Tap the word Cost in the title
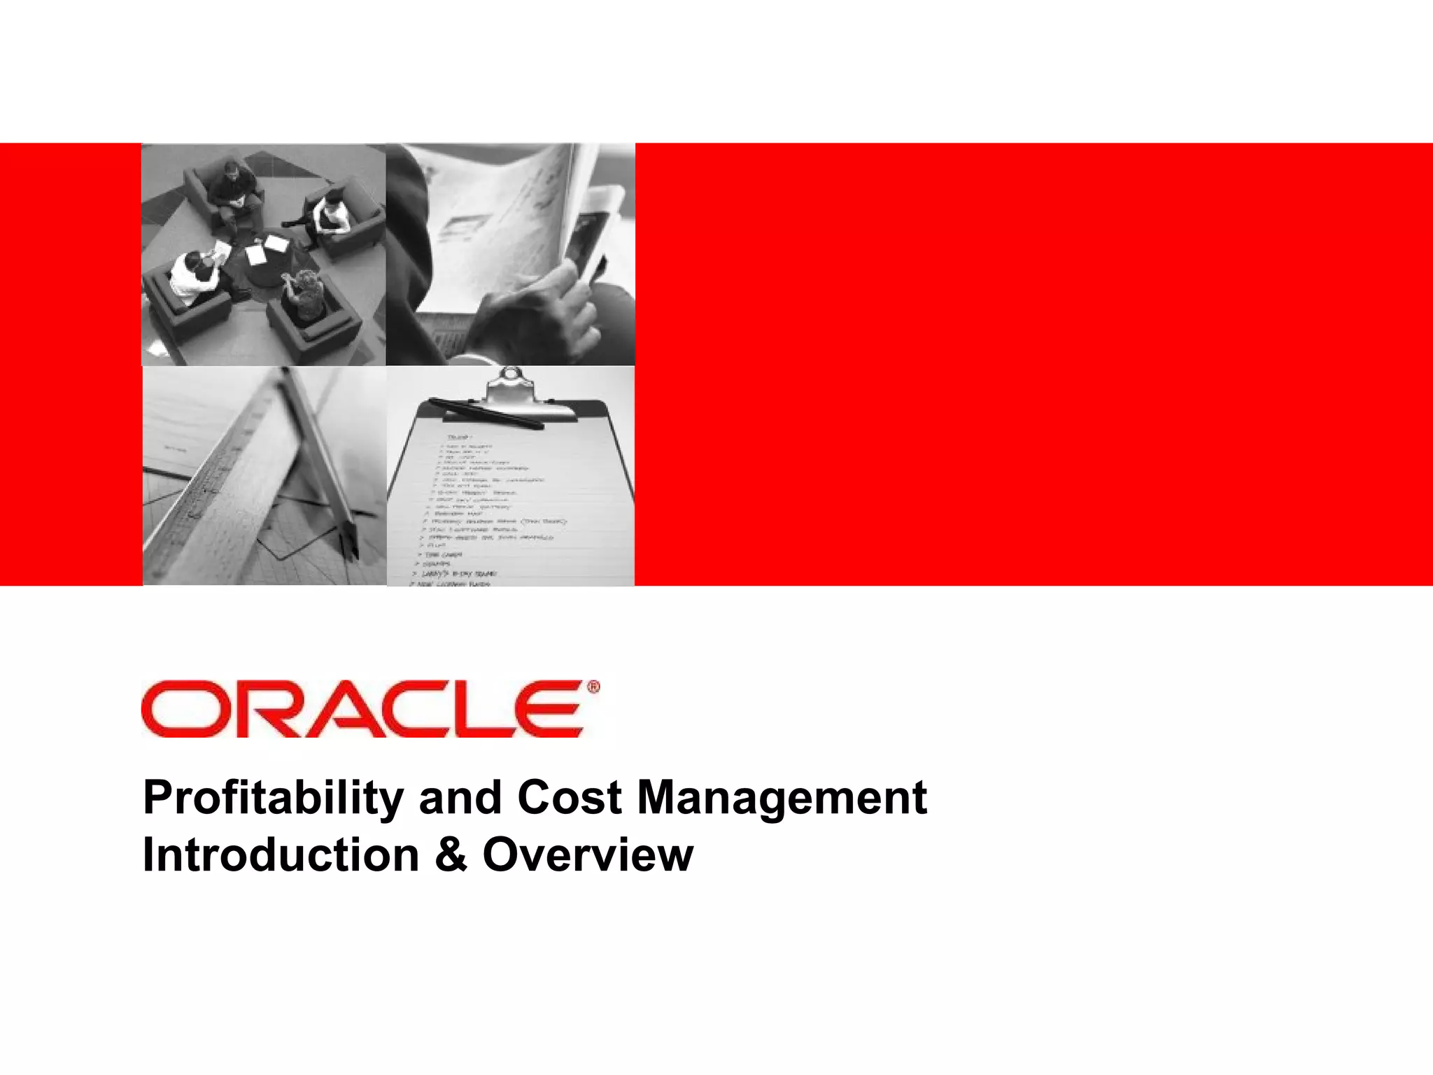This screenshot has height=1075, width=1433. tap(570, 798)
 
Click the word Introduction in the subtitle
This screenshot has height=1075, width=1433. tap(281, 855)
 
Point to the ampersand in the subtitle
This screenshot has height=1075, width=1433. tap(451, 855)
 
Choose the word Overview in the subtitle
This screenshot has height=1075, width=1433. tap(588, 855)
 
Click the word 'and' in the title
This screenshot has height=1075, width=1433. tap(460, 798)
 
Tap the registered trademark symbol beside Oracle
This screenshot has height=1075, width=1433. tap(593, 687)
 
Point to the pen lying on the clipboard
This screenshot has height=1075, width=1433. tap(486, 413)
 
